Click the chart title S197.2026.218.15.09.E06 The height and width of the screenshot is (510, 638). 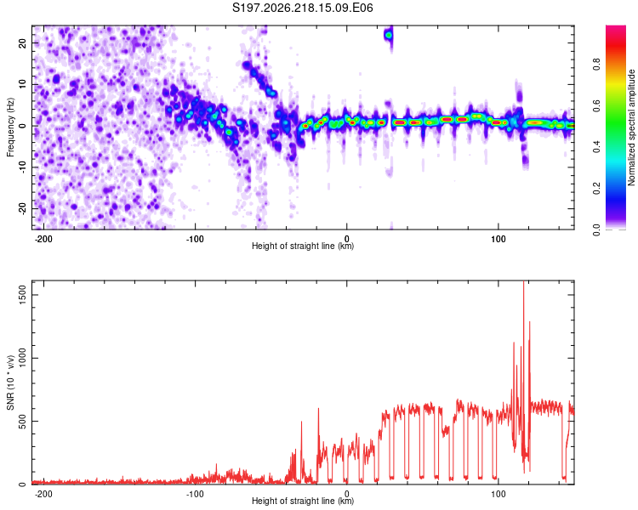click(x=302, y=8)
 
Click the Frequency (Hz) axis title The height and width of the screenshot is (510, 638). click(x=10, y=127)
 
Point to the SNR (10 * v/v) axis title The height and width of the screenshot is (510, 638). click(x=10, y=382)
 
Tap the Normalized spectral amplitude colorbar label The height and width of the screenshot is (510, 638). click(x=631, y=127)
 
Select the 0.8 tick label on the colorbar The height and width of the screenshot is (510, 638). click(x=596, y=65)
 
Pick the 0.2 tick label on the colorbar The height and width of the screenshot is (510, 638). click(x=596, y=189)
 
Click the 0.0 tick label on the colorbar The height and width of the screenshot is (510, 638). click(x=596, y=229)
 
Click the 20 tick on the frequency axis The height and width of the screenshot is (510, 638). click(x=22, y=42)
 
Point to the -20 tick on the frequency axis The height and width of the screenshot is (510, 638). click(x=22, y=208)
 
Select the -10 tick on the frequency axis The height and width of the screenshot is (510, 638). click(x=22, y=167)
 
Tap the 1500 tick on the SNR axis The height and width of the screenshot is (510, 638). click(x=22, y=294)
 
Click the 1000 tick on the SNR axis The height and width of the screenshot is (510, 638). click(x=22, y=358)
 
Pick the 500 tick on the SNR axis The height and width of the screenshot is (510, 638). click(x=22, y=422)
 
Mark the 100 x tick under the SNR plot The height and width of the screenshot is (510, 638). click(x=498, y=494)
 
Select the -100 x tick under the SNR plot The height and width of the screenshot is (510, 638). click(x=195, y=494)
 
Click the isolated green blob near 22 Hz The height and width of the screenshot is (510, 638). click(x=389, y=36)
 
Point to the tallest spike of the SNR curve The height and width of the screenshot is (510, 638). click(x=524, y=281)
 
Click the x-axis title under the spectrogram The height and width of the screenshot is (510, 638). click(x=303, y=246)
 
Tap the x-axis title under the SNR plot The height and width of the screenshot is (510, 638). click(x=303, y=501)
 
